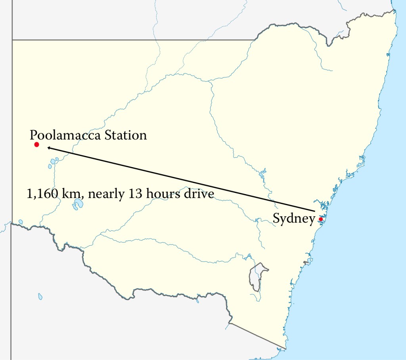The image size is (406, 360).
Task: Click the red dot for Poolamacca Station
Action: pos(36,144)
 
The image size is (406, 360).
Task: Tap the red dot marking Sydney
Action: pos(320,219)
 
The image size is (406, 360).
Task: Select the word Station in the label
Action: pos(126,135)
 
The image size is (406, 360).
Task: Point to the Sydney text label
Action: pos(294,219)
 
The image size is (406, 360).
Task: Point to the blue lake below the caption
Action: pos(78,205)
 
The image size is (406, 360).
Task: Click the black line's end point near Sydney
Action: pos(315,211)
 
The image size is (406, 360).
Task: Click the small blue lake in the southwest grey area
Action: pos(40,296)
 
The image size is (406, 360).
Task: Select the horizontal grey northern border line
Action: pos(131,40)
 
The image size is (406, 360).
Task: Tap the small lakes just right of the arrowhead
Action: pos(54,162)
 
